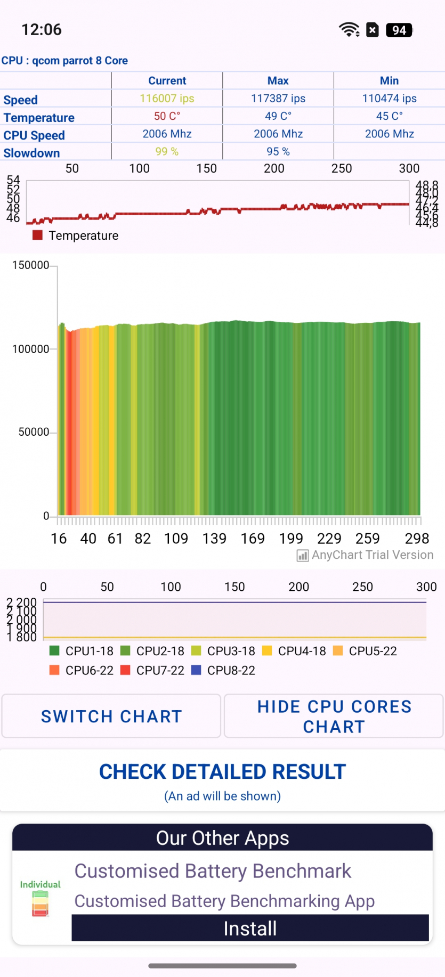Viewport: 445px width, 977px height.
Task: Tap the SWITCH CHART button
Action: [x=111, y=716]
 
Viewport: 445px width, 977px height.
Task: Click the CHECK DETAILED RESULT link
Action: [x=222, y=772]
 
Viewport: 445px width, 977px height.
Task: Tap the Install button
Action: [x=250, y=929]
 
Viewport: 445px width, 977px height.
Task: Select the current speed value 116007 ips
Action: [x=167, y=99]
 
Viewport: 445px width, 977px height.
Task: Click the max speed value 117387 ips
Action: [x=278, y=99]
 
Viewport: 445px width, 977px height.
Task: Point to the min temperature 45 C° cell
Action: [x=390, y=116]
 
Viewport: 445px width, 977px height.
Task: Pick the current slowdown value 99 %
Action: [x=167, y=152]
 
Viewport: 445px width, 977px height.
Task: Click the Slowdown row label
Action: [x=32, y=153]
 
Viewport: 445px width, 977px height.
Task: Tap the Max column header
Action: [x=278, y=81]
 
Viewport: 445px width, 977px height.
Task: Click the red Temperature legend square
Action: [x=37, y=235]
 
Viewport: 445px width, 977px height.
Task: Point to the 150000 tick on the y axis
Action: [x=30, y=265]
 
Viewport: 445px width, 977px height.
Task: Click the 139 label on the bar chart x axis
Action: [x=214, y=539]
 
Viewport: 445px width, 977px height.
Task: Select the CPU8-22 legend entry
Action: [x=223, y=670]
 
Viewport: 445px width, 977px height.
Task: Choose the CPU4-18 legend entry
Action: [x=294, y=651]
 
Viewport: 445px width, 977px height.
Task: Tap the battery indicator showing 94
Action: [x=399, y=30]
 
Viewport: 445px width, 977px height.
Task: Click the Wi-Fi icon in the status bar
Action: [x=349, y=30]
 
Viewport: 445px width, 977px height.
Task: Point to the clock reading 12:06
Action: [x=42, y=30]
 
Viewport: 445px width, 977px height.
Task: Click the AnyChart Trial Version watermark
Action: [x=365, y=555]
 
